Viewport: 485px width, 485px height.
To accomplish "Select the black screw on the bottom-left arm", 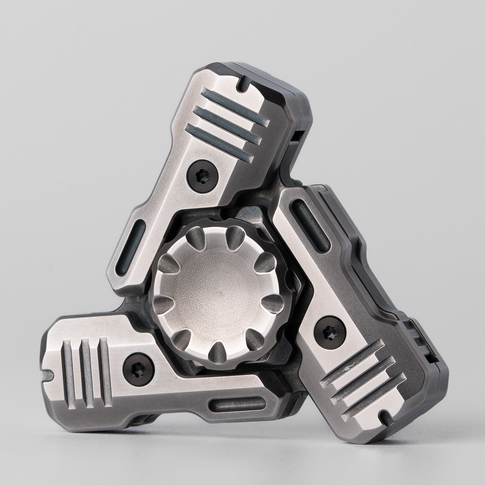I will click(x=137, y=363).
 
